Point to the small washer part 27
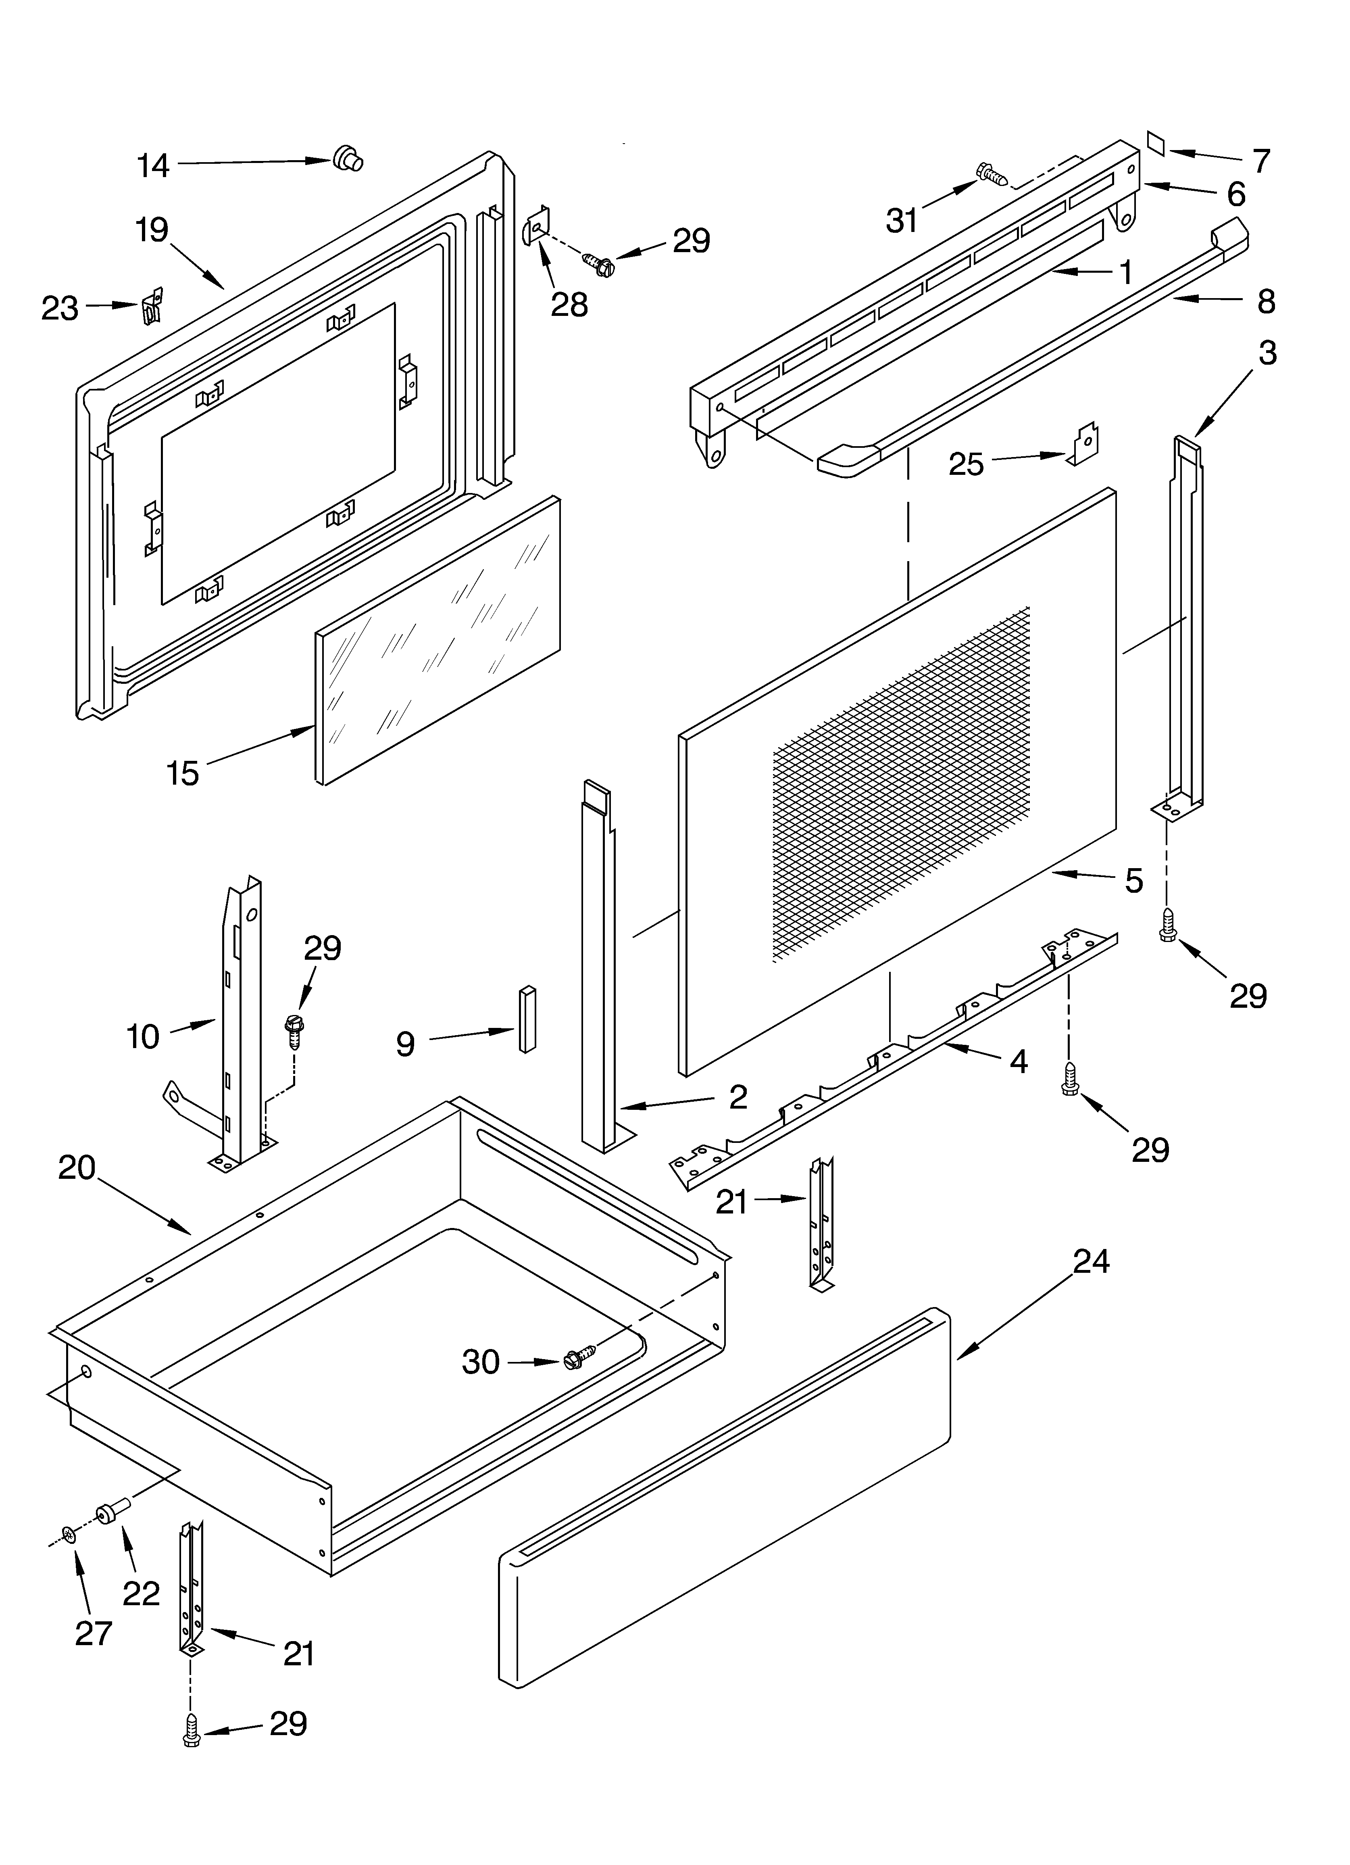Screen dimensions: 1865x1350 pyautogui.click(x=69, y=1534)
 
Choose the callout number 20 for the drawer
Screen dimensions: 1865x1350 pyautogui.click(x=77, y=1167)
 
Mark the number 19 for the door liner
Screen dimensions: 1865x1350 pyautogui.click(x=153, y=230)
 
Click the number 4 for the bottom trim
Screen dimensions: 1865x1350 pyautogui.click(x=1019, y=1062)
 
